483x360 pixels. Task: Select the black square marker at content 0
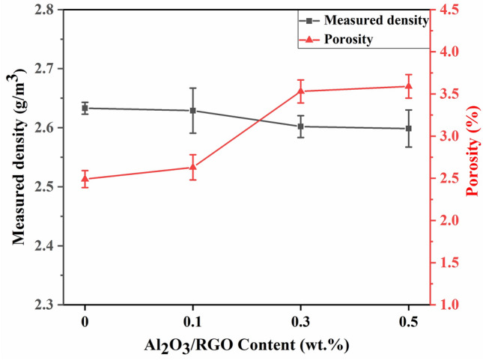85,108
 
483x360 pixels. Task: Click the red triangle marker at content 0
85,179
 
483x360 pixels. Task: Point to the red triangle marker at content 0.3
300,91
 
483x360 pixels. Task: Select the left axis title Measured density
18,157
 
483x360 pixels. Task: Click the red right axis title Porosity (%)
473,157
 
